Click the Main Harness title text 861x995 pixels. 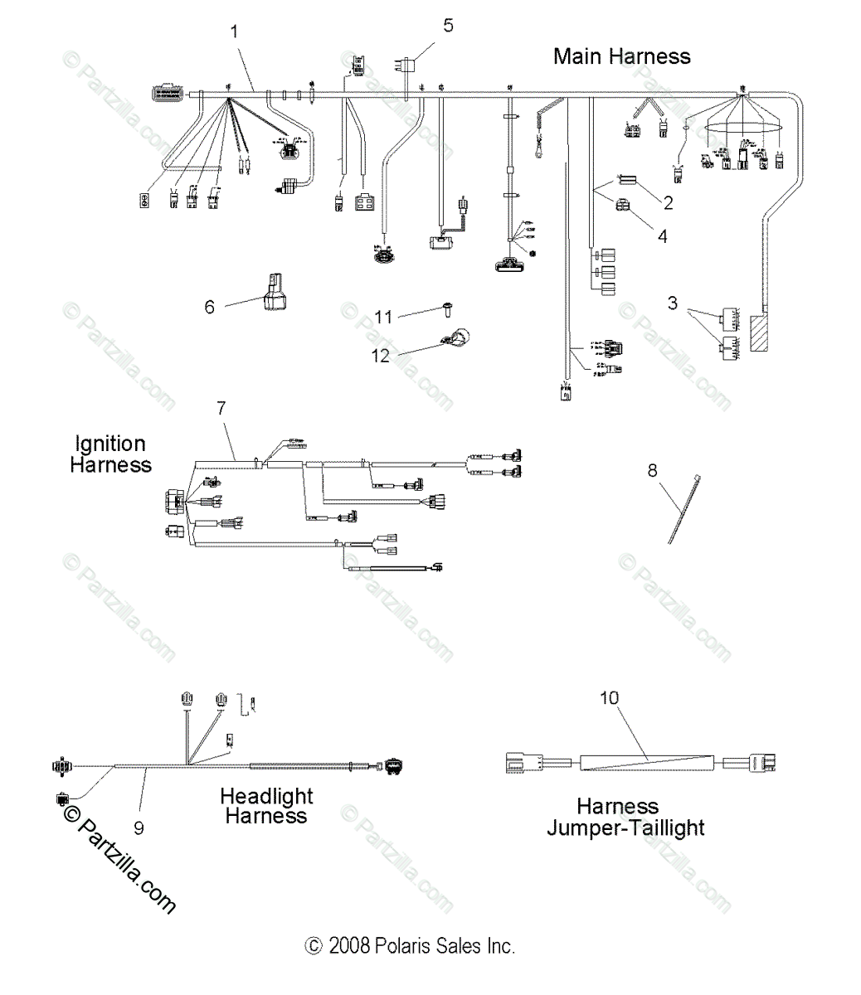tap(621, 56)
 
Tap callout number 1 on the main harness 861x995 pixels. tap(235, 32)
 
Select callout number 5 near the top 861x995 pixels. tap(448, 25)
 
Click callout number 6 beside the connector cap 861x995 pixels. tap(209, 307)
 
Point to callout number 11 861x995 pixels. tap(382, 317)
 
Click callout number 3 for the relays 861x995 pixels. tap(672, 303)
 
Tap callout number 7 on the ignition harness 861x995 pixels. tap(221, 407)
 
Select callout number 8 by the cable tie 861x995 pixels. tap(652, 470)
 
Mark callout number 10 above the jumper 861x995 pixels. tap(609, 698)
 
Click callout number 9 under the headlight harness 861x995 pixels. tap(139, 827)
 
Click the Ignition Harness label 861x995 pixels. tap(110, 454)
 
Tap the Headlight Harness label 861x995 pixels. tap(266, 806)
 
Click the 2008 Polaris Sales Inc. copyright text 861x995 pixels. tap(410, 946)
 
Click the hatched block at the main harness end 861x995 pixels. tap(762, 333)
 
